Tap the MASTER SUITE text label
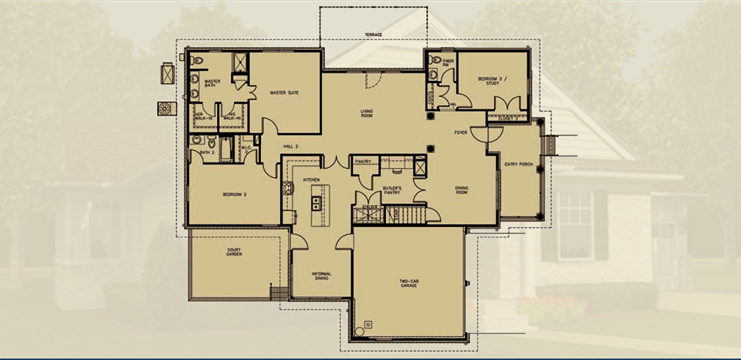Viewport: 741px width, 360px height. [x=284, y=93]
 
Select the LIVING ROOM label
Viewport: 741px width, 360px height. [x=366, y=114]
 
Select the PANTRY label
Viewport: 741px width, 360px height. [x=363, y=161]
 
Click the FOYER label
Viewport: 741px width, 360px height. [x=461, y=133]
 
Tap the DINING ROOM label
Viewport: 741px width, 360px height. [x=462, y=190]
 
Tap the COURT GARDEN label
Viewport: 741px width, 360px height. [x=234, y=252]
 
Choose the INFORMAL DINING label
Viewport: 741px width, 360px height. [x=321, y=276]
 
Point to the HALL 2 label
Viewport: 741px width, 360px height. [x=290, y=147]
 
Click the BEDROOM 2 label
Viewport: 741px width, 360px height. [x=234, y=195]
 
